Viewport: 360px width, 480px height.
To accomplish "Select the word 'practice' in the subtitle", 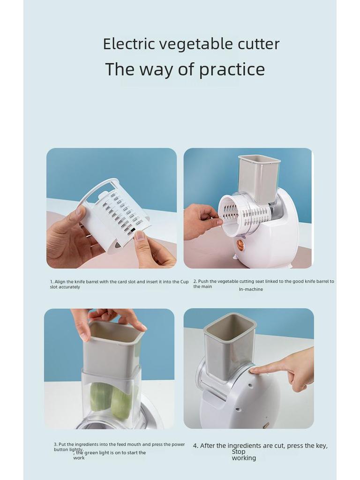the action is click(232, 69).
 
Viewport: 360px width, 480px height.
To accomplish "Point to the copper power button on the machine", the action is click(240, 244).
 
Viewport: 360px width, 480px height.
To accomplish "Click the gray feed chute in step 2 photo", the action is click(259, 178).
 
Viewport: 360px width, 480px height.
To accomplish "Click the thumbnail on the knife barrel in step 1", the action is click(140, 235).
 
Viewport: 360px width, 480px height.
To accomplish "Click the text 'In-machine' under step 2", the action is click(251, 289).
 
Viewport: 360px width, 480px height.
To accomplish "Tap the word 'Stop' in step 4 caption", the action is click(239, 452).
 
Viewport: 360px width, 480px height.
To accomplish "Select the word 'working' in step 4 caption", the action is click(244, 458).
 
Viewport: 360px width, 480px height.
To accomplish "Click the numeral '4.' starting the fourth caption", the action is click(195, 446).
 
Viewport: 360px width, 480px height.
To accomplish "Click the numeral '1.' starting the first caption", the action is click(52, 282).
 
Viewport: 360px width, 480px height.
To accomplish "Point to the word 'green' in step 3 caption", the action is click(91, 453).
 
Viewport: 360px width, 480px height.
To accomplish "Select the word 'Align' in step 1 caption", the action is click(60, 282).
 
